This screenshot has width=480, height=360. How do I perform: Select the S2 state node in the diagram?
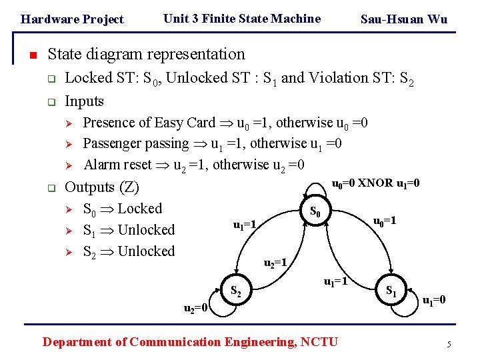point(235,291)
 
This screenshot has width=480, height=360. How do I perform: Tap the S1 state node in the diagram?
point(392,291)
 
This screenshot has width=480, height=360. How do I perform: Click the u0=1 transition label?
point(385,221)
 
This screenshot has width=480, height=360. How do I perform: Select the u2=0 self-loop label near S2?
point(197,307)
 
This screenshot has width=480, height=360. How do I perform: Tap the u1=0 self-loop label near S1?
point(433,300)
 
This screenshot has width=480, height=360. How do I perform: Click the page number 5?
point(449,345)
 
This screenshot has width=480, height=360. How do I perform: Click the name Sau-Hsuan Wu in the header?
point(403,19)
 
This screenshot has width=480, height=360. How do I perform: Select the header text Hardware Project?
point(72,19)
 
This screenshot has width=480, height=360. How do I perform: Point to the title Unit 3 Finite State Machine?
point(241,19)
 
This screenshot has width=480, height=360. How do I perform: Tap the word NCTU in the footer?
point(319,342)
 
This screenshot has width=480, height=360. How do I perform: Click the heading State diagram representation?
point(147,53)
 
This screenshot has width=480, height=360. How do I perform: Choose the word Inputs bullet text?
point(84,101)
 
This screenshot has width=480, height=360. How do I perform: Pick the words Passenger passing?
point(136,143)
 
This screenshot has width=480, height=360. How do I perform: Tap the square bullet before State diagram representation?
point(33,55)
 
